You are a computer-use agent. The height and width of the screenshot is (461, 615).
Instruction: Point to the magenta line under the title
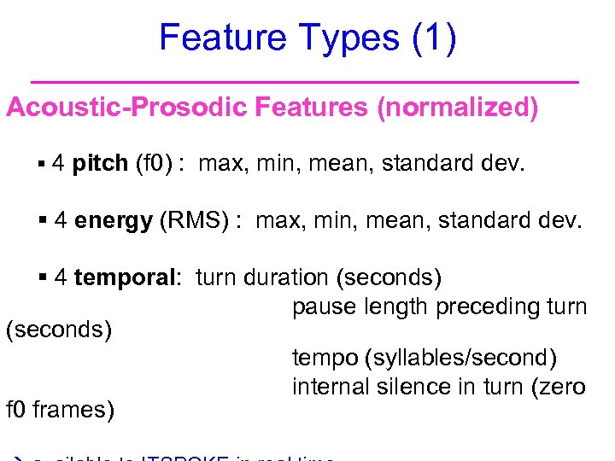(x=304, y=81)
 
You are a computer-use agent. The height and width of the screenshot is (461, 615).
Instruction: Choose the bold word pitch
(x=101, y=163)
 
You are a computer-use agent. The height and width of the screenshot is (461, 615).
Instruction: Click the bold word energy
(x=114, y=220)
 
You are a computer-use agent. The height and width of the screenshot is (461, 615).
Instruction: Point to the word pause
(x=321, y=306)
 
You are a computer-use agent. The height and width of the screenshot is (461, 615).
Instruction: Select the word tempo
(x=321, y=359)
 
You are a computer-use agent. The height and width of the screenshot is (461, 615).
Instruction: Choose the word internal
(x=327, y=387)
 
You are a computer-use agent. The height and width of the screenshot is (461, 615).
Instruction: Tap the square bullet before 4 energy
(x=44, y=220)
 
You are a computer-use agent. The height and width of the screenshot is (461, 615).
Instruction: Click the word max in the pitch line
(x=221, y=163)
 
